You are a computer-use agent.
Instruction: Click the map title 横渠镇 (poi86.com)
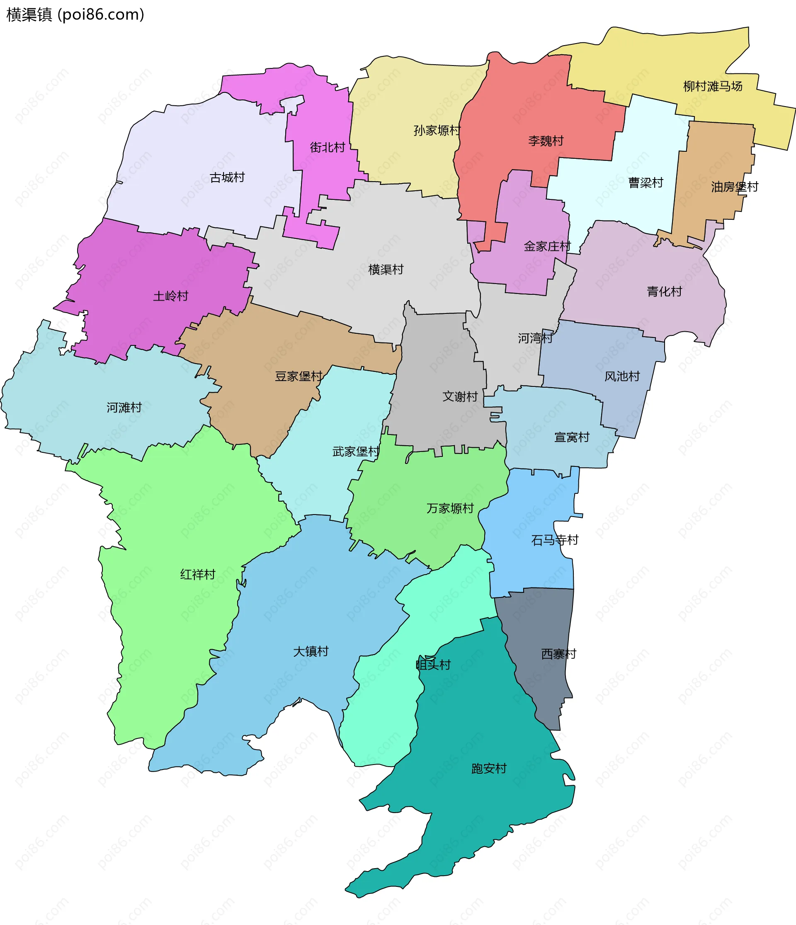pyautogui.click(x=75, y=15)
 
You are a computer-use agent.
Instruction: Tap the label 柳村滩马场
pyautogui.click(x=713, y=86)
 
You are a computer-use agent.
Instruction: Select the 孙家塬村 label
pyautogui.click(x=437, y=130)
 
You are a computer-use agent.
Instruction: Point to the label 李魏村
pyautogui.click(x=546, y=141)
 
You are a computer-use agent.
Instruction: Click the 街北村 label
pyautogui.click(x=327, y=147)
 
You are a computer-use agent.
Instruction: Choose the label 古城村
pyautogui.click(x=227, y=178)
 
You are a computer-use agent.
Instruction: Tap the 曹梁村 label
pyautogui.click(x=646, y=182)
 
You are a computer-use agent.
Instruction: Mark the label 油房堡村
pyautogui.click(x=734, y=187)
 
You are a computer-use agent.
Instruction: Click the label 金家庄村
pyautogui.click(x=547, y=246)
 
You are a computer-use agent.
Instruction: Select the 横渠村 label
pyautogui.click(x=386, y=269)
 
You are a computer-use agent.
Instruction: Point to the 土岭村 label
pyautogui.click(x=170, y=296)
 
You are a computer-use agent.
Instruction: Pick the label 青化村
pyautogui.click(x=664, y=291)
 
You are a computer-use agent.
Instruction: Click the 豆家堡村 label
pyautogui.click(x=298, y=376)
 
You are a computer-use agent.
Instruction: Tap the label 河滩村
pyautogui.click(x=124, y=408)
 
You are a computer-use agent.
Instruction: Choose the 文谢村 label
pyautogui.click(x=460, y=396)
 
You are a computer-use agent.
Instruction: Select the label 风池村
pyautogui.click(x=622, y=376)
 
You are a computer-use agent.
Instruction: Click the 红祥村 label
pyautogui.click(x=197, y=575)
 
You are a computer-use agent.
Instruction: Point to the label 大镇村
pyautogui.click(x=311, y=652)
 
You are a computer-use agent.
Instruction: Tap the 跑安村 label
pyautogui.click(x=489, y=768)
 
